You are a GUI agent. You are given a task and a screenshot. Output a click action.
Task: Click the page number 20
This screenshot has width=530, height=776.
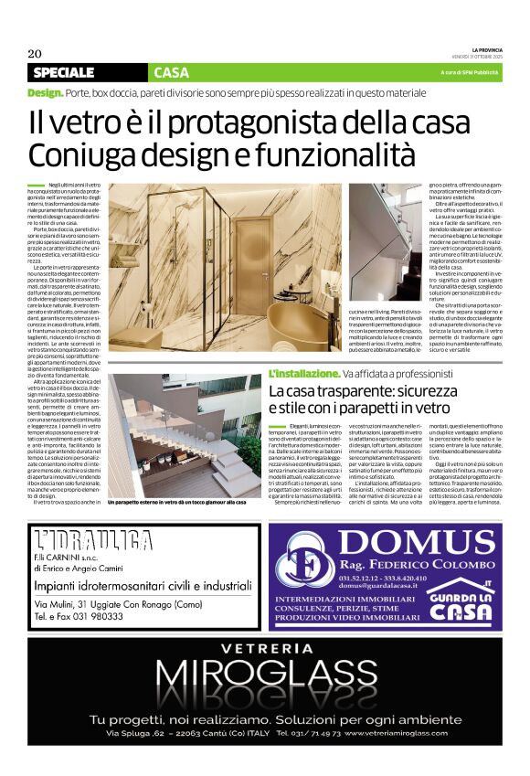(x=35, y=52)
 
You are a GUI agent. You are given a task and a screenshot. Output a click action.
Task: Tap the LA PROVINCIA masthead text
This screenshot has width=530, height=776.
(x=481, y=49)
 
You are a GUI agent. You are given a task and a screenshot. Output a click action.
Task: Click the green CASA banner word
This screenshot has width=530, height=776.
(x=172, y=72)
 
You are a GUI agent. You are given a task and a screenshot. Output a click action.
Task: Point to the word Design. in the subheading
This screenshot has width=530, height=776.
(x=45, y=93)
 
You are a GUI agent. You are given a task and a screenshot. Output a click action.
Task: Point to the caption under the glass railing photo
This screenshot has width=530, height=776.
(x=177, y=503)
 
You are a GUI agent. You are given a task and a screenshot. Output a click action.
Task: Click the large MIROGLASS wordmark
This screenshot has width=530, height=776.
(x=265, y=679)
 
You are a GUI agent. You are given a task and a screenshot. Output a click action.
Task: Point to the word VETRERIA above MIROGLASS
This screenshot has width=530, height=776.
(x=265, y=651)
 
